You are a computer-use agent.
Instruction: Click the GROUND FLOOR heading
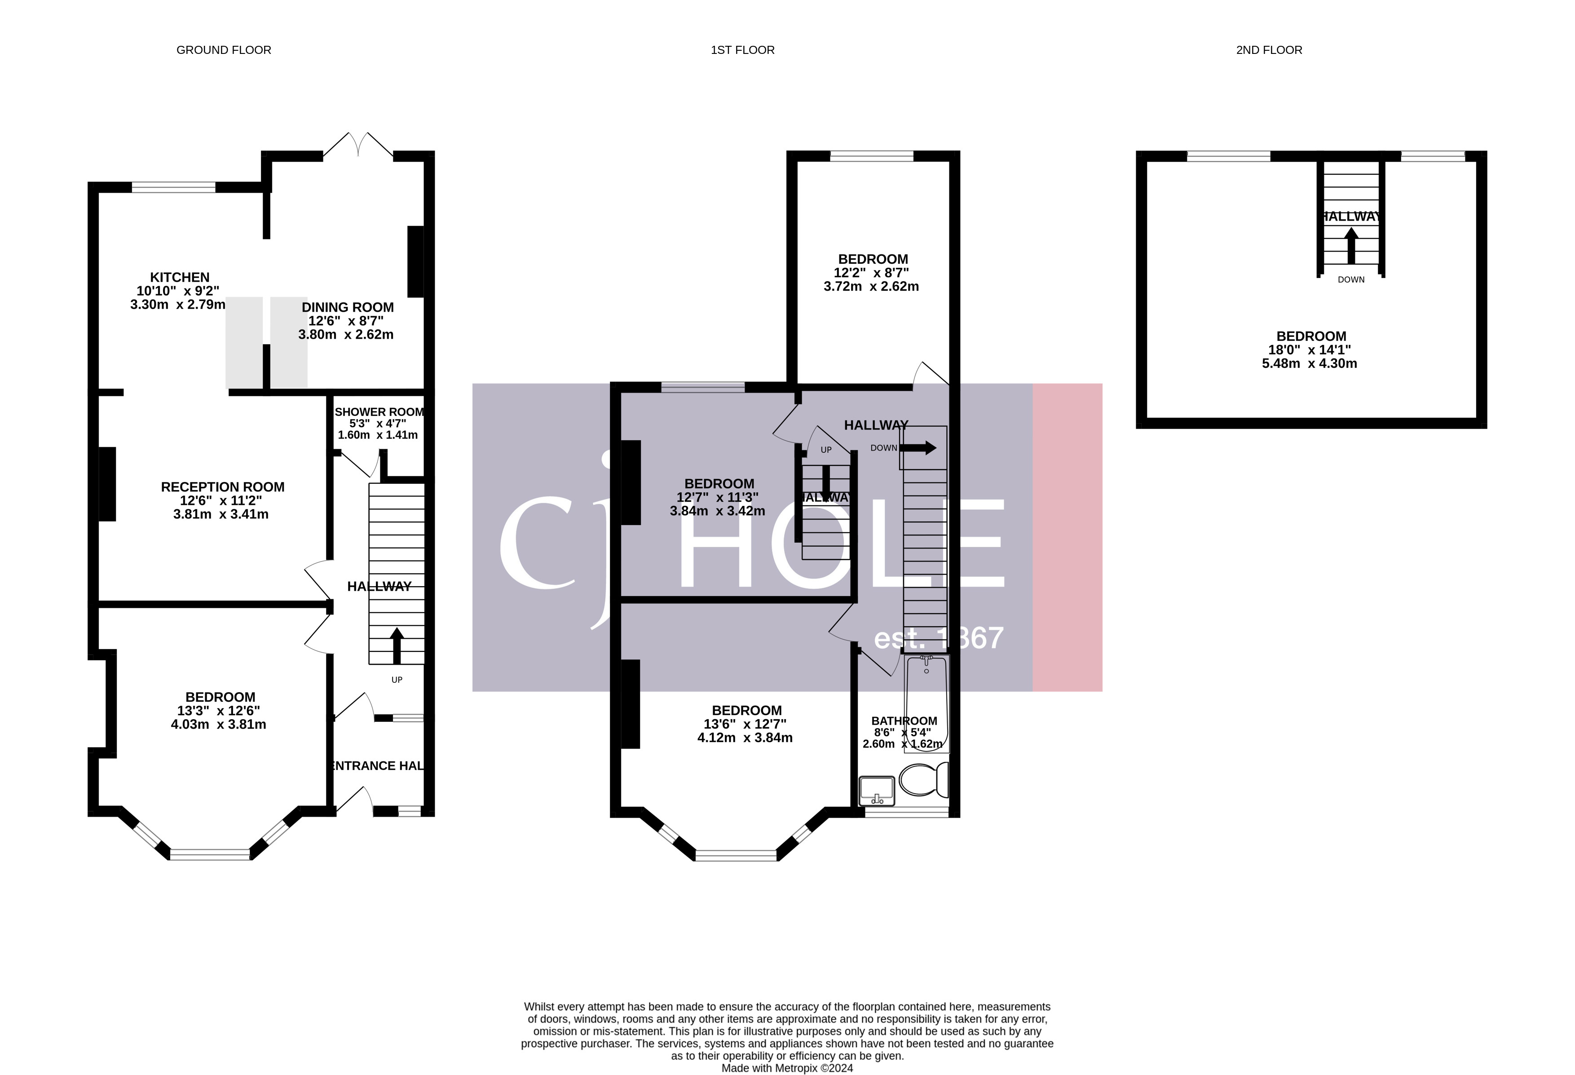coord(224,50)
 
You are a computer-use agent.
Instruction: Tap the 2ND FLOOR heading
coord(1269,50)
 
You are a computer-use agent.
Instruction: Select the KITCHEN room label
coord(180,277)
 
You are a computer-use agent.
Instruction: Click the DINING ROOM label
coord(348,307)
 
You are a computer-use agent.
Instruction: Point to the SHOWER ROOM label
coord(379,412)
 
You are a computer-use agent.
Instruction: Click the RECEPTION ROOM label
coord(222,487)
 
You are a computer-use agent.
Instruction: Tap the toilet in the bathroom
coord(923,780)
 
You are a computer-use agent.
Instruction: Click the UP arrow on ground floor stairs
coord(397,645)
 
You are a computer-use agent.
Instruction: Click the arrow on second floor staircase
coord(1351,245)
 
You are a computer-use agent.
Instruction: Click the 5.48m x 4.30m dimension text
coord(1309,363)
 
